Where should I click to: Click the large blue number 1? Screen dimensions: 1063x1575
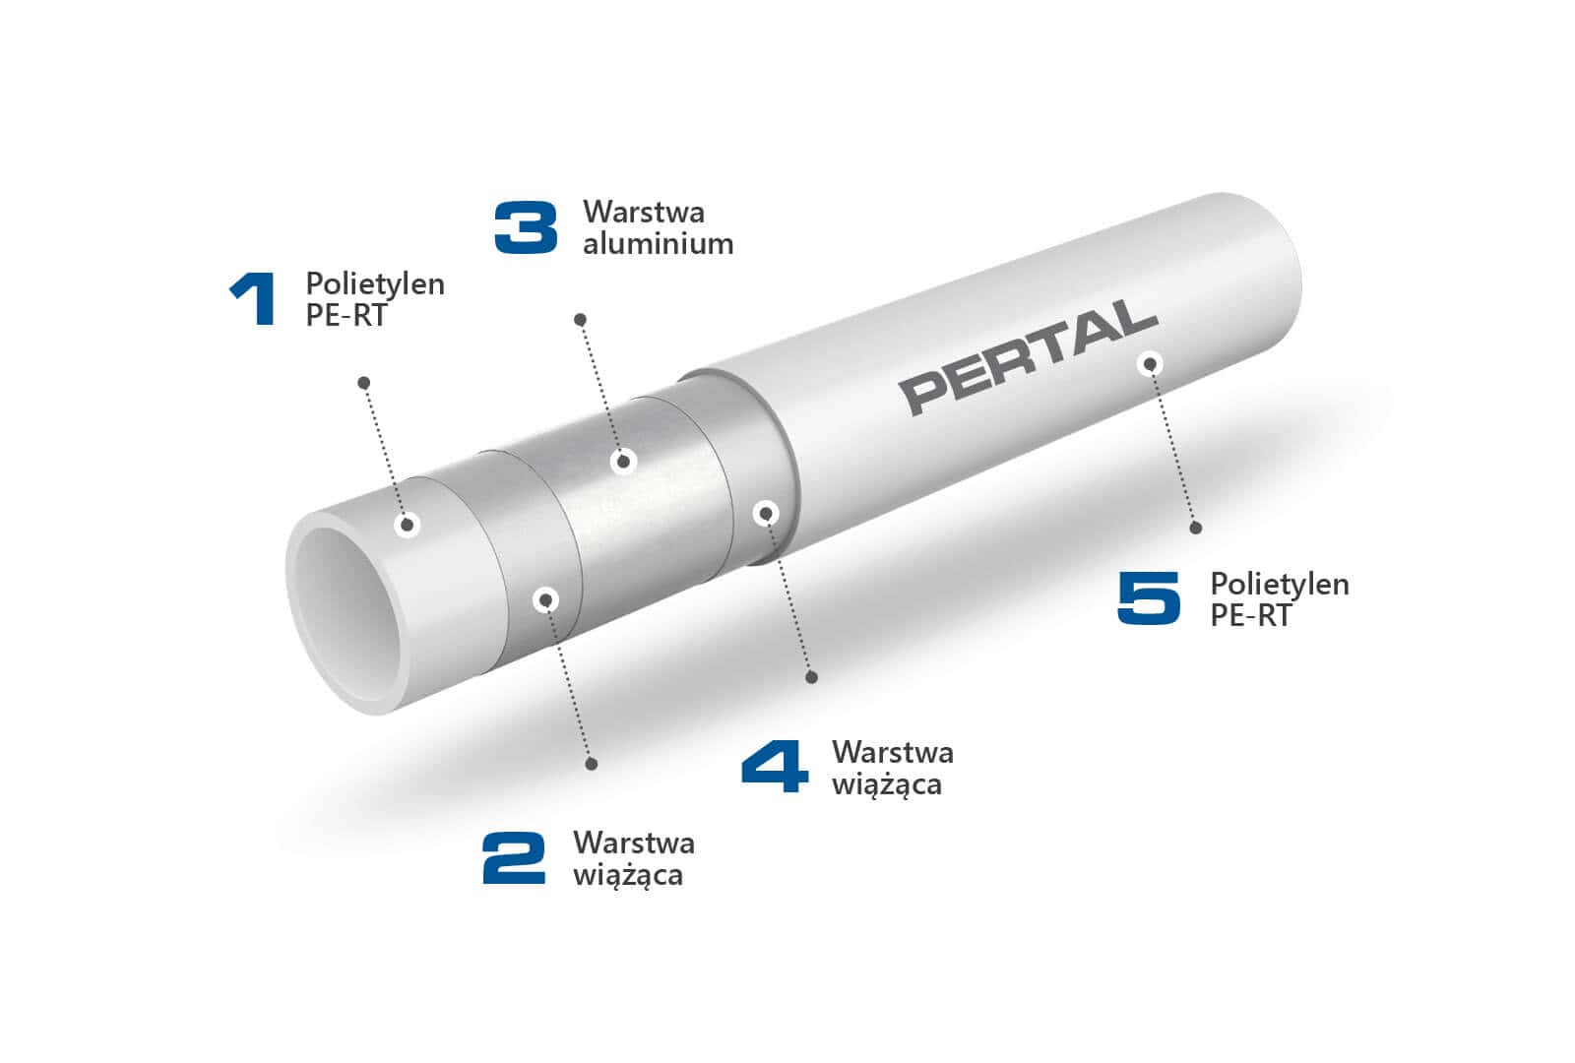(254, 299)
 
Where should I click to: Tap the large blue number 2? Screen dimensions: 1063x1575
(514, 857)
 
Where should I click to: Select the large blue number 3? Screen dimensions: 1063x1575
(526, 227)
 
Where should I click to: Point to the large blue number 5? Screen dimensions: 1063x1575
(1149, 597)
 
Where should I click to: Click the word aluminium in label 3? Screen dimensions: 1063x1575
(658, 244)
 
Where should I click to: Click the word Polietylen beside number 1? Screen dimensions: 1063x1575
(375, 283)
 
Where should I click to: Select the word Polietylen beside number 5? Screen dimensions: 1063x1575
(1280, 584)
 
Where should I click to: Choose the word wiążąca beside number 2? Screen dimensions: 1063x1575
(628, 875)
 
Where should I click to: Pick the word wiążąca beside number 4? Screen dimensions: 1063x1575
(887, 784)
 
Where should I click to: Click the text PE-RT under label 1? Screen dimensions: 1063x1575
(346, 315)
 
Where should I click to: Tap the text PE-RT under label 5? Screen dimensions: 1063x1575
(1250, 615)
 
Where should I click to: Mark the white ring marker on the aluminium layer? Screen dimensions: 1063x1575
(623, 461)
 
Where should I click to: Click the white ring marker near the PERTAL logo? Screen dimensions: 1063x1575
(1150, 364)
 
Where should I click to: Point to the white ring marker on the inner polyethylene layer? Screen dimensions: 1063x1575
(408, 525)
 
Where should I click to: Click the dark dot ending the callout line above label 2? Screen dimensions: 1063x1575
(592, 764)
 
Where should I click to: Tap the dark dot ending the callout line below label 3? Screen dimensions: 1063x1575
(581, 320)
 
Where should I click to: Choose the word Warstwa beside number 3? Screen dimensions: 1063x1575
(644, 212)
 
